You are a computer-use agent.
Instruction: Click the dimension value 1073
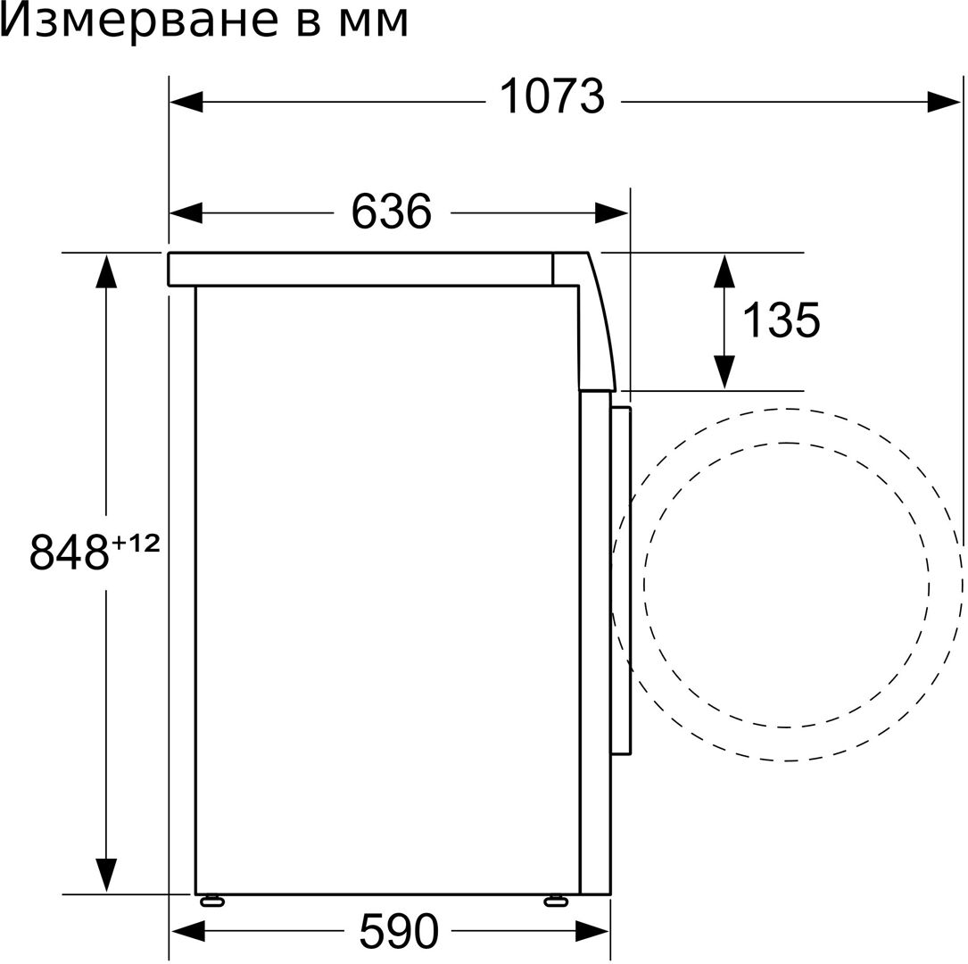[552, 97]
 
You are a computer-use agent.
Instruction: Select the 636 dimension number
[392, 212]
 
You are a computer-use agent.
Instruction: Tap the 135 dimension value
[781, 320]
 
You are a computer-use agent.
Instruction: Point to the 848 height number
[70, 553]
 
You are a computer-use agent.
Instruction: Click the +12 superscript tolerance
[136, 544]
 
